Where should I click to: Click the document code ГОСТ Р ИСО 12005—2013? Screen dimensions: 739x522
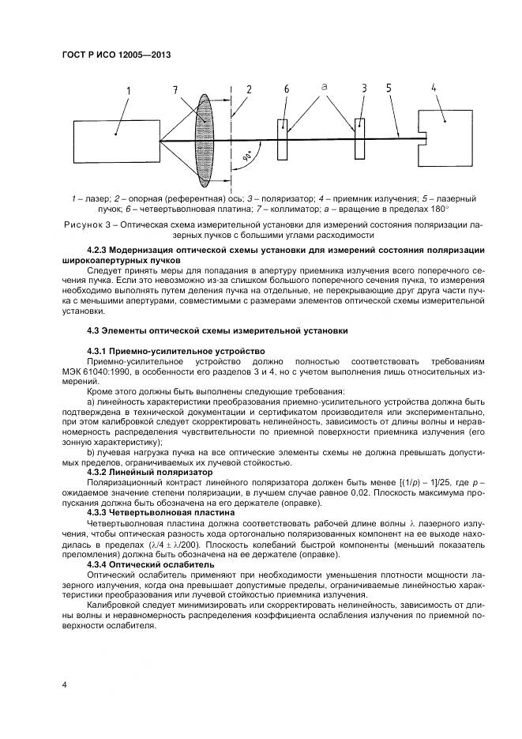click(116, 55)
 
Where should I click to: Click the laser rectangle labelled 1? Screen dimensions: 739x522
click(115, 141)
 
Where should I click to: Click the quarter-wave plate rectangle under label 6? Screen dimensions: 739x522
click(282, 141)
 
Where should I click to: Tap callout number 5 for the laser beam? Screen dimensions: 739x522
click(389, 89)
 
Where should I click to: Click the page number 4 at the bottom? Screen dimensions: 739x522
click(64, 684)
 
